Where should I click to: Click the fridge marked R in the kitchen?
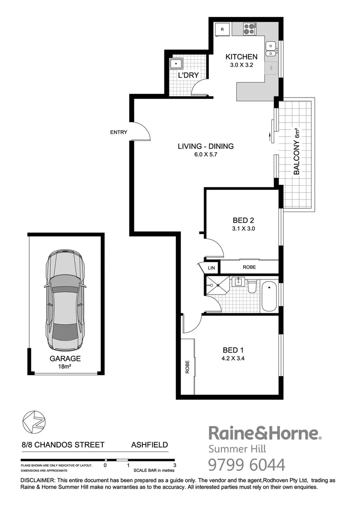coord(222,30)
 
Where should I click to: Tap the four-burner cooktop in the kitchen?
coord(249,30)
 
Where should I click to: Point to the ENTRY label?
coord(119,132)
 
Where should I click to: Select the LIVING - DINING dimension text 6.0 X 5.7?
coord(205,155)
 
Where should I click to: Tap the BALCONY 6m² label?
coord(297,151)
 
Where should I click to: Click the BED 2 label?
coord(244,220)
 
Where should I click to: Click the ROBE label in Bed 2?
coord(249,267)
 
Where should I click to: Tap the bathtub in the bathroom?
coord(269,296)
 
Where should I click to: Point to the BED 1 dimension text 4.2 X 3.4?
coord(234,358)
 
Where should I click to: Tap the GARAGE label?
coord(65,358)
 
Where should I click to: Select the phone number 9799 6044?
coord(246,465)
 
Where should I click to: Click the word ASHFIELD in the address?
coord(149,444)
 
